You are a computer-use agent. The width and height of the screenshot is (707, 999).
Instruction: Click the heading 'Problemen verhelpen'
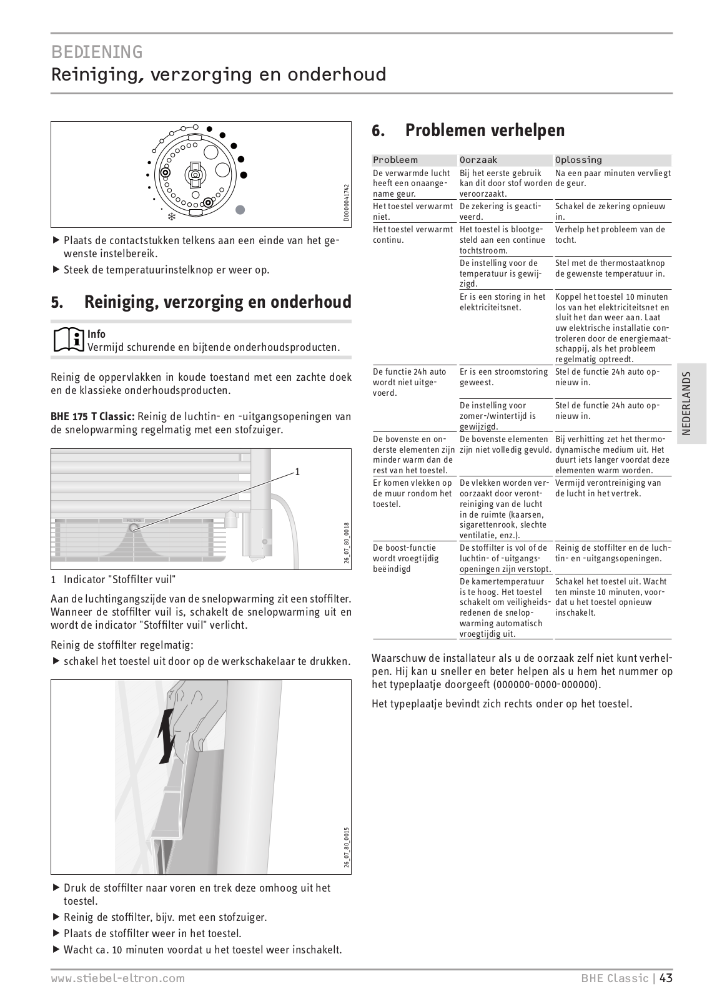pos(485,130)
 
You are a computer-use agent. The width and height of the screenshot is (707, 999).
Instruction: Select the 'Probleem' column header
pos(395,160)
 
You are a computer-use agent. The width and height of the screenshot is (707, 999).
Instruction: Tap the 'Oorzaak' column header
pos(478,160)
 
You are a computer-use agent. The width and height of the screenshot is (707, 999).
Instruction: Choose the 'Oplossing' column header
pos(578,160)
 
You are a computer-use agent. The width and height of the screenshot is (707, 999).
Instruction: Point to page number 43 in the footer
pos(666,978)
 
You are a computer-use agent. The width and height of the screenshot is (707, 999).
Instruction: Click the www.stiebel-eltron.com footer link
pos(118,978)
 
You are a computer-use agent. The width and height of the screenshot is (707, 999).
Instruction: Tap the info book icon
pos(67,340)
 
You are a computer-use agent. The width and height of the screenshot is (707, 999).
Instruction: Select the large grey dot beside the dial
pos(240,210)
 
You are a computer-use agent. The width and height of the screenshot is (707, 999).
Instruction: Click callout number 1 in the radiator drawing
pos(297,472)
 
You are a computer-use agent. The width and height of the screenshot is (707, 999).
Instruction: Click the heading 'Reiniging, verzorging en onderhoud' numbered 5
pos(217,302)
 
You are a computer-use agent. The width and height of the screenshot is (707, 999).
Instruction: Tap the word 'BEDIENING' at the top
pos(97,51)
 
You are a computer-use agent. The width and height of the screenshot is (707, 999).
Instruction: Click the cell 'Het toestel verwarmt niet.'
pos(413,211)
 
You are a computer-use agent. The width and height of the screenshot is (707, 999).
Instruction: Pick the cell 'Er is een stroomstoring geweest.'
pos(503,376)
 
